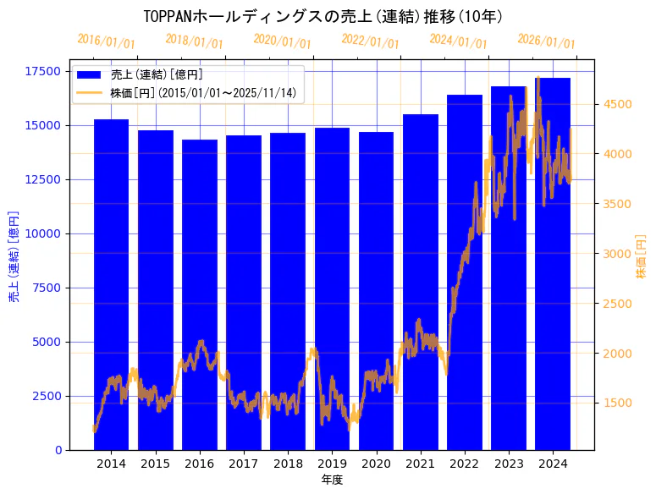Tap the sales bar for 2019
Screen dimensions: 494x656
332,288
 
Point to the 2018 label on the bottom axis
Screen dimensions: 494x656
288,464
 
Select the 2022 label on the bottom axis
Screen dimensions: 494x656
465,464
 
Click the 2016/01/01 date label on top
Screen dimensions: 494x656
106,41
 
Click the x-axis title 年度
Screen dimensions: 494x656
332,480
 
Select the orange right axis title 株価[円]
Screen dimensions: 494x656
641,257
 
